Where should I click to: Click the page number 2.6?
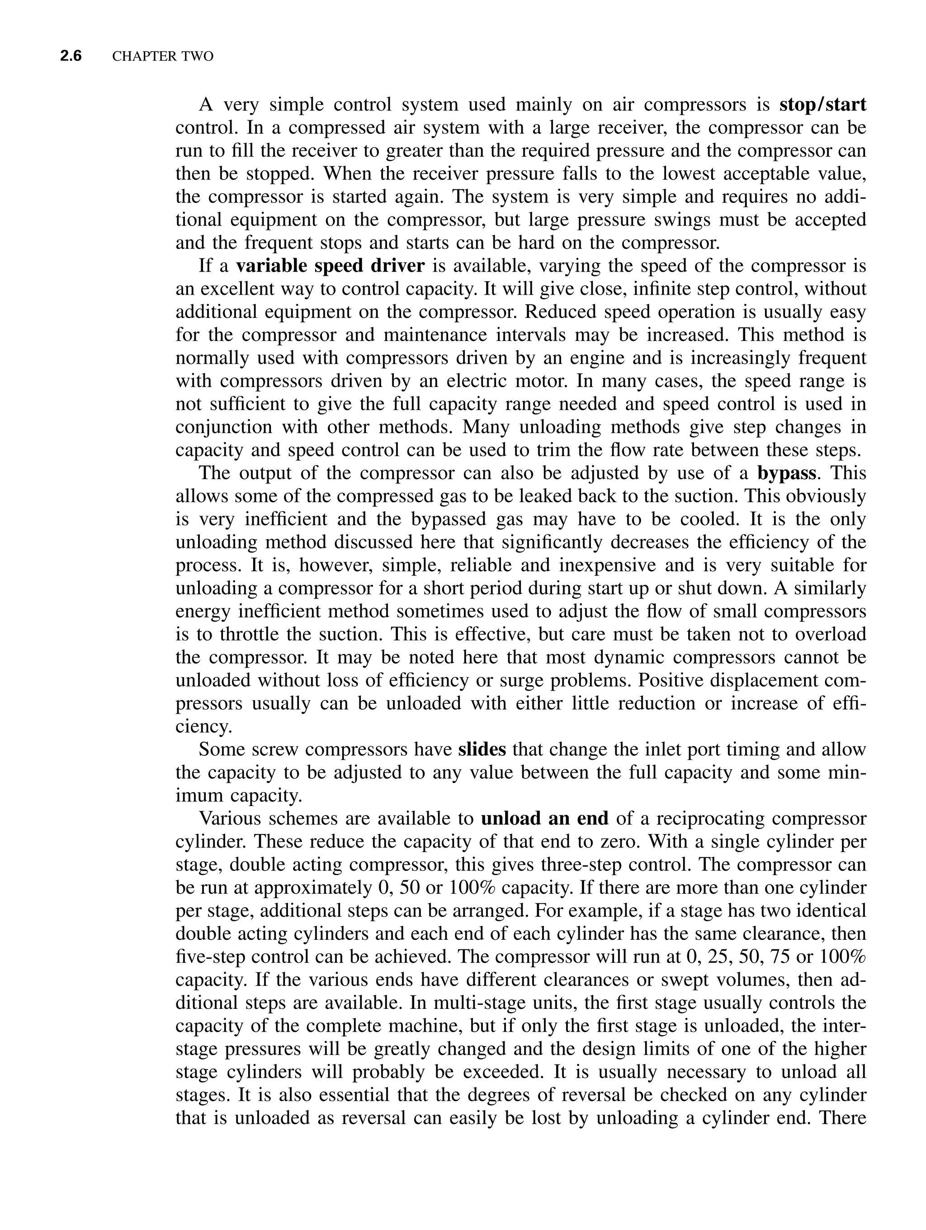pyautogui.click(x=71, y=56)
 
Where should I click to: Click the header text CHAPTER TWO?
pyautogui.click(x=162, y=57)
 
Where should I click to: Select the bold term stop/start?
pyautogui.click(x=822, y=104)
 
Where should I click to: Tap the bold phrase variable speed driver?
pyautogui.click(x=330, y=266)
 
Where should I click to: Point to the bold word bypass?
pyautogui.click(x=787, y=473)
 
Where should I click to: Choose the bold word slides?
pyautogui.click(x=482, y=749)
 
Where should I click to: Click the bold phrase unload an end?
pyautogui.click(x=544, y=819)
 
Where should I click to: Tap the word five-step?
pyautogui.click(x=209, y=957)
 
